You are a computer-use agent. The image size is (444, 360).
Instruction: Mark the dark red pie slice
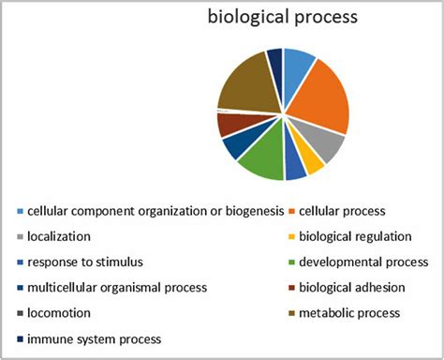pyautogui.click(x=230, y=124)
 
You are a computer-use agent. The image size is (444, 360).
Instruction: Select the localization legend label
pyautogui.click(x=59, y=236)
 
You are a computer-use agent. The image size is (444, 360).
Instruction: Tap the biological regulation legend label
pyautogui.click(x=353, y=236)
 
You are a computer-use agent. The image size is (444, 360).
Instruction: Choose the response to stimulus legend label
pyautogui.click(x=84, y=262)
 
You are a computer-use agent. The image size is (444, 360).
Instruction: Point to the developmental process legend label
pyautogui.click(x=360, y=262)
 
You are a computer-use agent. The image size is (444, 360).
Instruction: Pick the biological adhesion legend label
pyautogui.click(x=350, y=287)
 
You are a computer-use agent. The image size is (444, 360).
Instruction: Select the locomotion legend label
pyautogui.click(x=59, y=312)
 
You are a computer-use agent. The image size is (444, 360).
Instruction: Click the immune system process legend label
pyautogui.click(x=95, y=337)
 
